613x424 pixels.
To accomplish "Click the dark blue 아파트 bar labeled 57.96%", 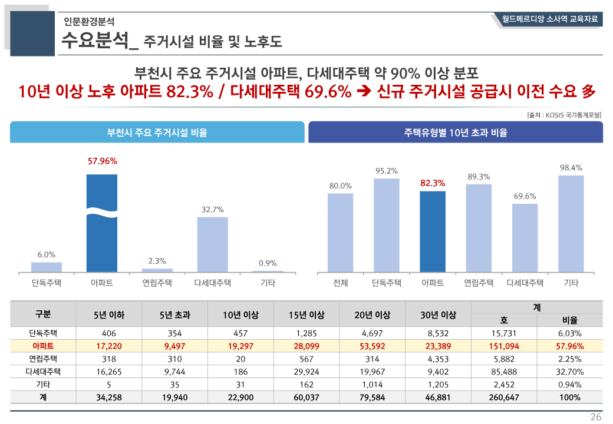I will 102,224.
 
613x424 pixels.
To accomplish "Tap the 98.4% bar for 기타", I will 571,224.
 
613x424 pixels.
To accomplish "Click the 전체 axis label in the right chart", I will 341,283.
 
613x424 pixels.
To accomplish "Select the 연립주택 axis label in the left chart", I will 157,283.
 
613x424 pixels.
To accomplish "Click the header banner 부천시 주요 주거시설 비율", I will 157,132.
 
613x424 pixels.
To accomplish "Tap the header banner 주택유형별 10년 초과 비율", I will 456,132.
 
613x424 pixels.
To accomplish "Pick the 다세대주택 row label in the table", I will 43,372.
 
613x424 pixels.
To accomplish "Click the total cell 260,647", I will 504,397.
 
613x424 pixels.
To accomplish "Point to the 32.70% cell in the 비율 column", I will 569,372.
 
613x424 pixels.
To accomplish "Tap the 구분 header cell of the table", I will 43,314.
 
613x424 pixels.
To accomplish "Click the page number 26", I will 596,417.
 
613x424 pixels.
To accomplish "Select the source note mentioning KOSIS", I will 564,115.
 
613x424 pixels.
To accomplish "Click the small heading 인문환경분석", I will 90,22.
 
